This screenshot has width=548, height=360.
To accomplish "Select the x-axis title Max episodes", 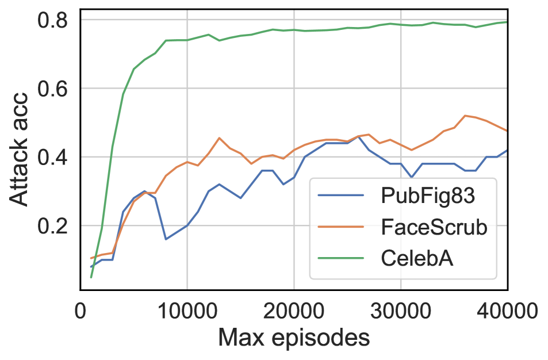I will coord(294,339).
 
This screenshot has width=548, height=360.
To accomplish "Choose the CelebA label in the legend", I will coord(417,259).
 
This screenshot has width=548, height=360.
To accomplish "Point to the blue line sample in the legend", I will coord(342,196).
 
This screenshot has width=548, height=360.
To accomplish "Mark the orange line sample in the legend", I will coord(342,227).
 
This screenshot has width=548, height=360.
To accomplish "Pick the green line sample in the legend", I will coord(342,259).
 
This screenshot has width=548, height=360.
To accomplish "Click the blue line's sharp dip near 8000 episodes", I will coord(166,239).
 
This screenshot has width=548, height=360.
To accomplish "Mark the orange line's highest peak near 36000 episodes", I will coord(465,116).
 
